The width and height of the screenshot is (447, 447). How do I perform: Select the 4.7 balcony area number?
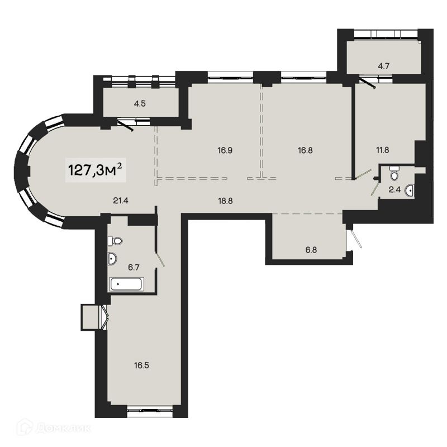(x=383, y=66)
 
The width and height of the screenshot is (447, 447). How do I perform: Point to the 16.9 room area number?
(x=225, y=149)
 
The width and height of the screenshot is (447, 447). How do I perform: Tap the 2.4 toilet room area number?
(x=394, y=189)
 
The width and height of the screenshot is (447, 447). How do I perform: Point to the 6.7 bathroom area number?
(x=134, y=267)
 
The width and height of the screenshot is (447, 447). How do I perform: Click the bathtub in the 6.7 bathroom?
(x=127, y=284)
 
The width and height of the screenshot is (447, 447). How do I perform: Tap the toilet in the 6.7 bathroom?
(x=116, y=241)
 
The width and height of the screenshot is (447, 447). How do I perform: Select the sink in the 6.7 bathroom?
(x=112, y=259)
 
